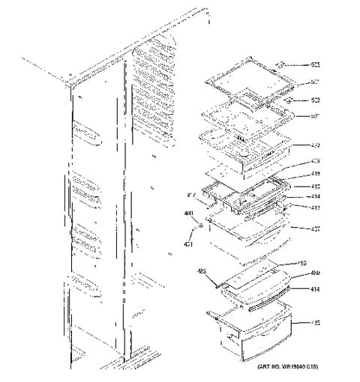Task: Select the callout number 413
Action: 316,207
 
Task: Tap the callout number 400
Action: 188,213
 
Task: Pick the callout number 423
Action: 202,271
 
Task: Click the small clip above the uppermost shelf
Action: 283,65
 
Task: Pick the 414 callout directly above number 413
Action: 316,197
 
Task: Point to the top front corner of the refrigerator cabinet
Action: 71,92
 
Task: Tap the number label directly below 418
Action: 316,187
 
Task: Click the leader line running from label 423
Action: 209,277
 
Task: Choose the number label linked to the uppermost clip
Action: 316,64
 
